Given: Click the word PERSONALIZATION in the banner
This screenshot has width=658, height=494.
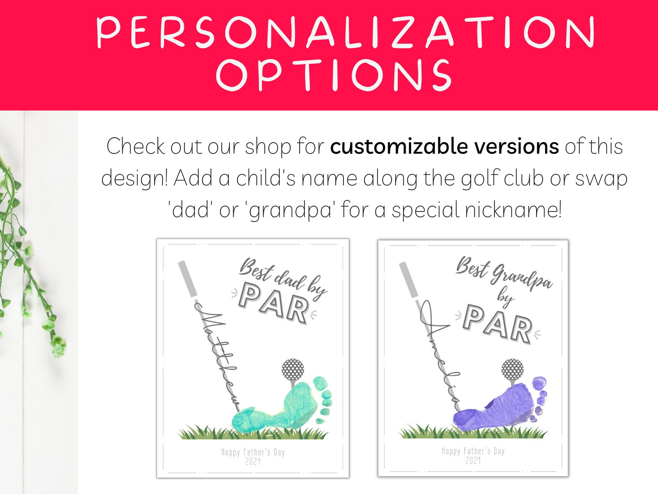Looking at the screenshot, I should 346,32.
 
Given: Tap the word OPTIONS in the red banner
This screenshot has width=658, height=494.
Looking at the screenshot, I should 333,75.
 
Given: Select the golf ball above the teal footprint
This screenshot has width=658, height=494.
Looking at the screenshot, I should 293,369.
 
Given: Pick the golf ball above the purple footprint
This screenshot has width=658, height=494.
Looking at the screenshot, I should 513,369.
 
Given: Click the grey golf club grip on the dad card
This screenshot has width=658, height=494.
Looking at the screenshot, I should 187,279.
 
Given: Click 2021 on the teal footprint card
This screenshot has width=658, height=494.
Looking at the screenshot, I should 253,461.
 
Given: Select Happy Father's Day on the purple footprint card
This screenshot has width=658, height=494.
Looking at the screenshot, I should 473,451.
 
